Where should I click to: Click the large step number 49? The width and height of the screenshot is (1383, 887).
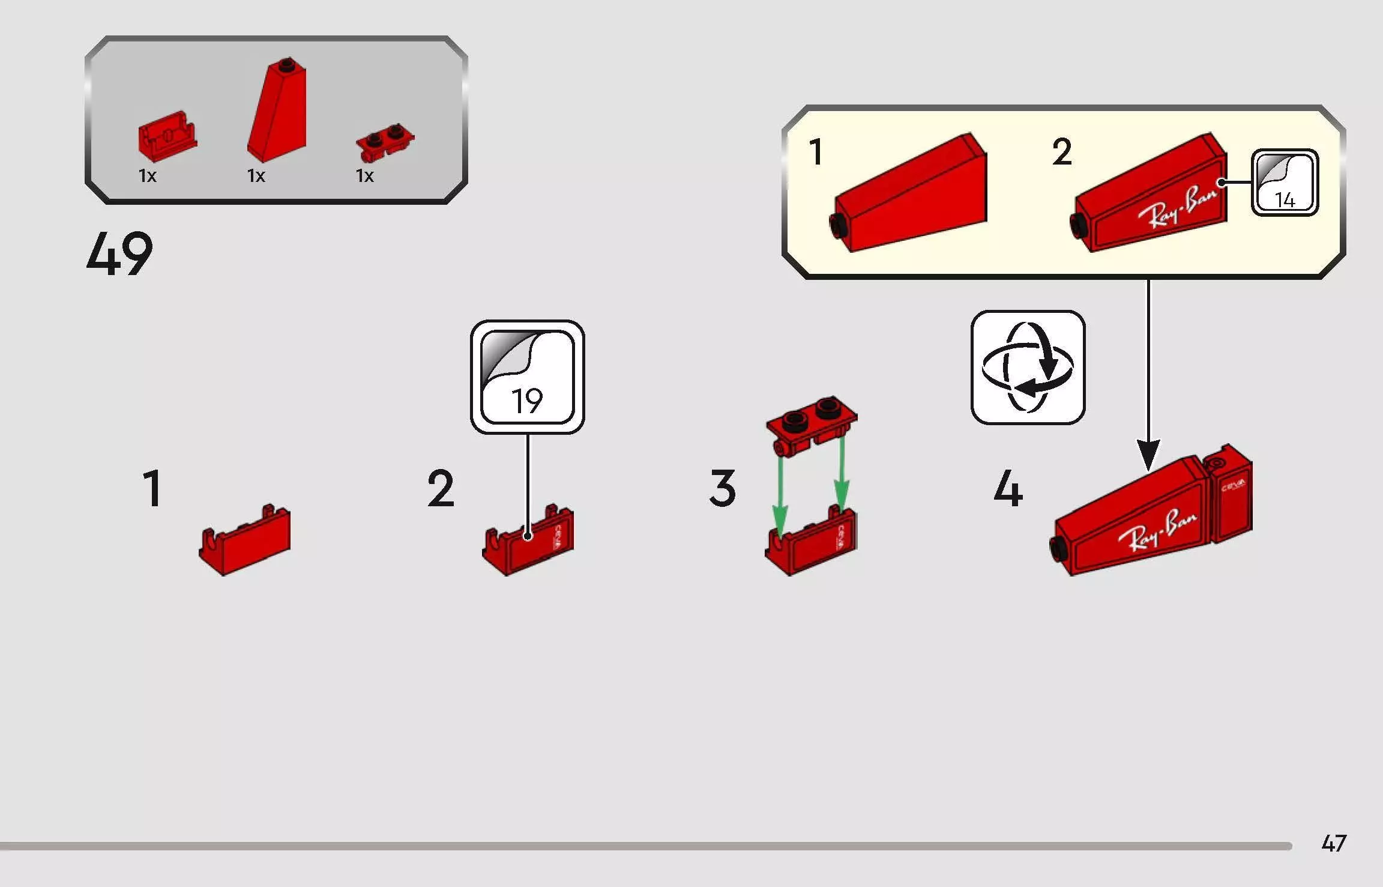pyautogui.click(x=119, y=254)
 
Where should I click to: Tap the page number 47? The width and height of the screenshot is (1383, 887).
pyautogui.click(x=1334, y=843)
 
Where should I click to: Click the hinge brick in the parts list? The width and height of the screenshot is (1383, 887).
pyautogui.click(x=166, y=136)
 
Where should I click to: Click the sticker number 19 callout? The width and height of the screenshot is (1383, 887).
pyautogui.click(x=527, y=377)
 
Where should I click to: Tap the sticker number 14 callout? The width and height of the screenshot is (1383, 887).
pyautogui.click(x=1285, y=183)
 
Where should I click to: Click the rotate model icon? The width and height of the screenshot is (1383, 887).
pyautogui.click(x=1028, y=367)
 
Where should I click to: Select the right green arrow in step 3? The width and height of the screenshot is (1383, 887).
pyautogui.click(x=842, y=477)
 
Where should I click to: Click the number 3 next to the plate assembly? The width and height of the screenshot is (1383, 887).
pyautogui.click(x=722, y=488)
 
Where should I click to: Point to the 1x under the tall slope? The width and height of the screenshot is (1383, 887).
pyautogui.click(x=256, y=175)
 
